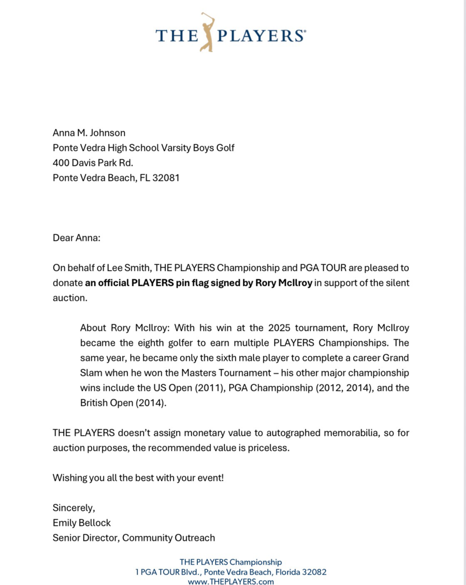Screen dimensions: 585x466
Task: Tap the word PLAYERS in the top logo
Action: [260, 35]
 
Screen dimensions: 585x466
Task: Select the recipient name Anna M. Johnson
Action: [89, 133]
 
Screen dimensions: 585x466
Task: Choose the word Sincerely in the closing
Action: [73, 508]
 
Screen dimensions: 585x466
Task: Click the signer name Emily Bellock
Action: [82, 523]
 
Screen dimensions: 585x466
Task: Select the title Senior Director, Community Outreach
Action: [134, 538]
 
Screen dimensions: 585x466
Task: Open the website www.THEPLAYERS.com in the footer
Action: [231, 581]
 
